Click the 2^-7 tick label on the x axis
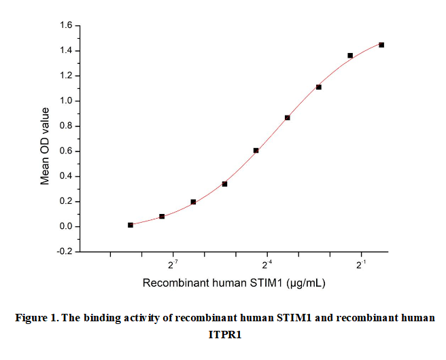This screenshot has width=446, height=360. coord(173,264)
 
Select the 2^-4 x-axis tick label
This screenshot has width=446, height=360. coord(267,264)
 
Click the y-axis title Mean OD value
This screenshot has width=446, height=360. coord(46,146)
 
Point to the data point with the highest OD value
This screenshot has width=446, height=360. coord(381,45)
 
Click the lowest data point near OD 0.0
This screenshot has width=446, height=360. coord(131,225)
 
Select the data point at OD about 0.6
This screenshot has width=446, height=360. coord(256,151)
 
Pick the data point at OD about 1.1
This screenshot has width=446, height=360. coord(319,87)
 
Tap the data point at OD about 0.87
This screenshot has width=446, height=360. coord(288,118)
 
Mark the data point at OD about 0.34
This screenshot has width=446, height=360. coord(224,184)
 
